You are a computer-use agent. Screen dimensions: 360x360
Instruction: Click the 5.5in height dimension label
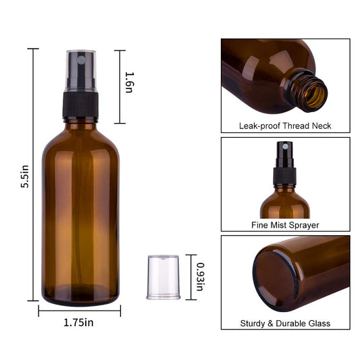pyautogui.click(x=25, y=176)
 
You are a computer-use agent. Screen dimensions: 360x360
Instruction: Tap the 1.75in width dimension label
pyautogui.click(x=78, y=323)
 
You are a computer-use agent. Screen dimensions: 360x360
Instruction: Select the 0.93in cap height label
pyautogui.click(x=200, y=277)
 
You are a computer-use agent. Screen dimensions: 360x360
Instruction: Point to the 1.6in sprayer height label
pyautogui.click(x=129, y=82)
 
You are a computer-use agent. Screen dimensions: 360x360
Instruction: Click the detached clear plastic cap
pyautogui.click(x=163, y=277)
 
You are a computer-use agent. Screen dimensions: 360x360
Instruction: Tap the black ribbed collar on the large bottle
pyautogui.click(x=80, y=105)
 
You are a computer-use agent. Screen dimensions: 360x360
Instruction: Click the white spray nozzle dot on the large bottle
pyautogui.click(x=81, y=60)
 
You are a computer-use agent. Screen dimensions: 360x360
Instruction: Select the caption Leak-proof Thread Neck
pyautogui.click(x=285, y=126)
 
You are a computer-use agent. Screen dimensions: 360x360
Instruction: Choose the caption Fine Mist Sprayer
pyautogui.click(x=285, y=225)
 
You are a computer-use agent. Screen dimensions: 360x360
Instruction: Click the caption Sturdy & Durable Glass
pyautogui.click(x=285, y=324)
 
